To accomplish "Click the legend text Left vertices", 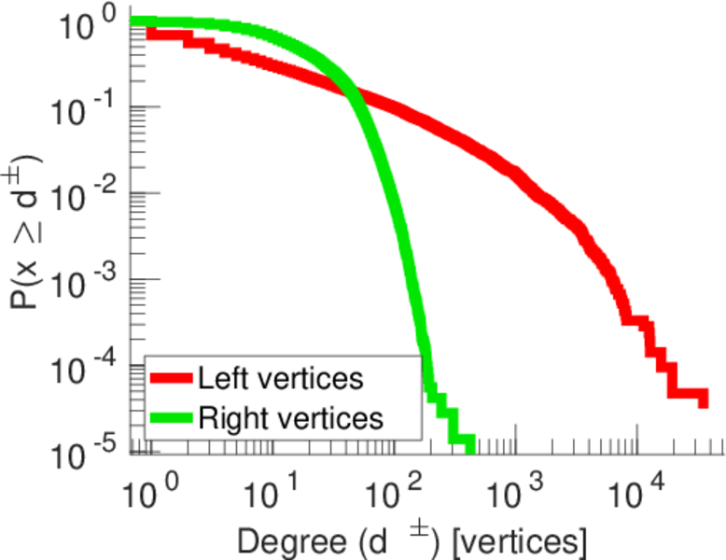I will tap(280, 379).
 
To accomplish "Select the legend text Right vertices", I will tap(290, 417).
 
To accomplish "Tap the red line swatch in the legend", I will tap(171, 379).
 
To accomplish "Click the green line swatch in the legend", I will tap(171, 417).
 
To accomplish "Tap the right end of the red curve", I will tap(703, 399).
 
